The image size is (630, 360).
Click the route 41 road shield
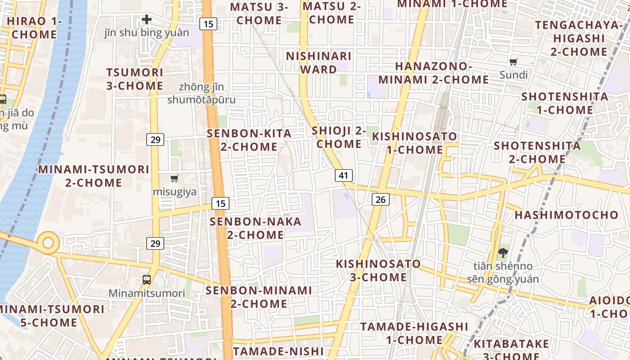tap(343, 175)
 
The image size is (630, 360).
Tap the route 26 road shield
tap(380, 199)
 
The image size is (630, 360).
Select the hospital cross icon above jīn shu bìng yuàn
tap(147, 19)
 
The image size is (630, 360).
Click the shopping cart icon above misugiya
tap(175, 178)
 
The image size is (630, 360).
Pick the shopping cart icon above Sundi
tap(513, 62)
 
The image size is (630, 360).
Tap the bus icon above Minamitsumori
tap(147, 279)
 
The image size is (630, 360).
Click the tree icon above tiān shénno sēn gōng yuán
tap(502, 253)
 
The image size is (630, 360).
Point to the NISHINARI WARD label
tap(319, 63)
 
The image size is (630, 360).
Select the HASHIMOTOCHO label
tap(567, 215)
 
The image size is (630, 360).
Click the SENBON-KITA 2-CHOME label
tap(249, 140)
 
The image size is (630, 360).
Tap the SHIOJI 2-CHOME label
tap(339, 137)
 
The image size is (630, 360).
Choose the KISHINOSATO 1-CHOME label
tap(414, 143)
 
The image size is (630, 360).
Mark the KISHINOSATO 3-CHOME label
tap(378, 270)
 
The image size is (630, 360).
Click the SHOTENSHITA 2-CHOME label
tap(537, 152)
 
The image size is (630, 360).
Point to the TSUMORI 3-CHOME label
tap(135, 79)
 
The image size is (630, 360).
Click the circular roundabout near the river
tap(48, 243)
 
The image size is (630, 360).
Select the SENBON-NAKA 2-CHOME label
tap(255, 228)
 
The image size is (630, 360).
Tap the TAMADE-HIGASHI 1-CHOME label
tap(414, 333)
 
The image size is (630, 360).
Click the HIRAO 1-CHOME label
tap(34, 27)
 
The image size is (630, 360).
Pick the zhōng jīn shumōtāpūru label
tap(201, 93)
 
